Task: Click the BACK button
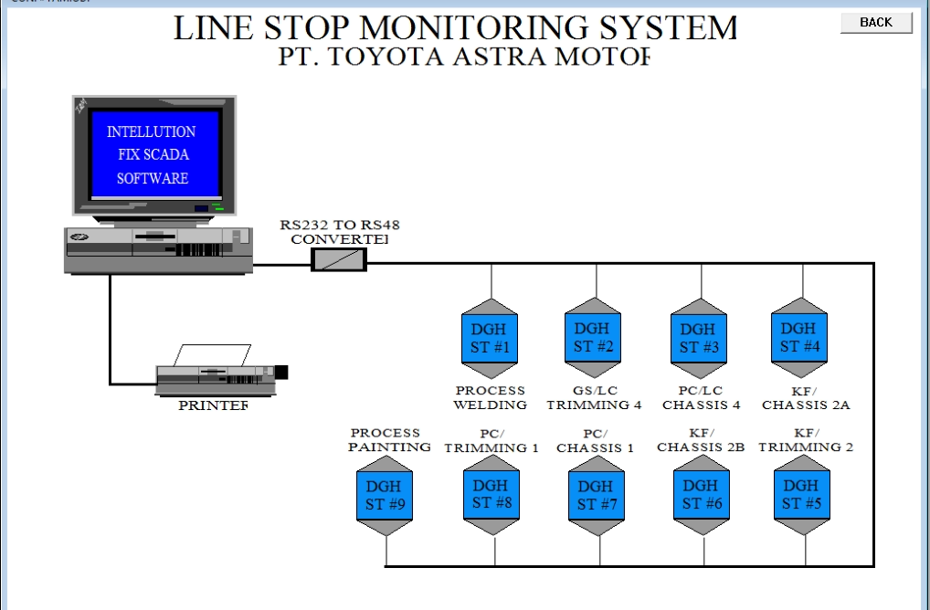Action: tap(876, 23)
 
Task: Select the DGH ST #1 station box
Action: tap(491, 338)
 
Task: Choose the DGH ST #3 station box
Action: tap(698, 338)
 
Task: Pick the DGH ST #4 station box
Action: tap(799, 337)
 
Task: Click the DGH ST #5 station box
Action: tap(801, 494)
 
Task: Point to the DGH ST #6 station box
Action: tap(701, 494)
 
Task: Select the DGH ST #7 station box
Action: tap(596, 495)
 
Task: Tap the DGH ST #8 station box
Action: tap(491, 494)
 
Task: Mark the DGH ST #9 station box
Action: tap(385, 495)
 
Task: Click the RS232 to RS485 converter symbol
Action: tap(339, 260)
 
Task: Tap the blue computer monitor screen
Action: tap(153, 154)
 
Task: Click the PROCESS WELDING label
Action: tap(491, 397)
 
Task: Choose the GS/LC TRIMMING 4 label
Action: tap(595, 397)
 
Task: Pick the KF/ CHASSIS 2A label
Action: tap(806, 397)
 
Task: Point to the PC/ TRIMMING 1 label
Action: tap(491, 440)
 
